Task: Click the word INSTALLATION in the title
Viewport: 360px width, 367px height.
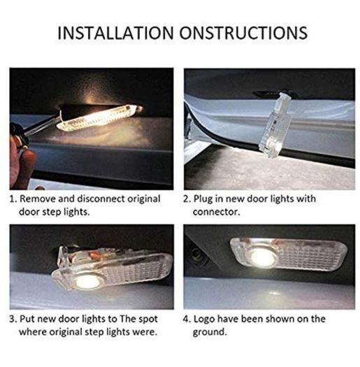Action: (x=115, y=33)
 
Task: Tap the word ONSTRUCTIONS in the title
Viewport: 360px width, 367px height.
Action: (x=243, y=33)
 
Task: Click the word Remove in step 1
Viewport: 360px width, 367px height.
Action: (x=38, y=199)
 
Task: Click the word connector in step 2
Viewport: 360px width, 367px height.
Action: (x=216, y=212)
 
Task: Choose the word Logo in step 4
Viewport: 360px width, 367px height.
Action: (x=204, y=319)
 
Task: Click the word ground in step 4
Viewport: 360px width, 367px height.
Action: (x=210, y=333)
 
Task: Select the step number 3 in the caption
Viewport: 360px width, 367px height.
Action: (x=12, y=319)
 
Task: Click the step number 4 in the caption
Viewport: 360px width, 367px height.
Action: (x=187, y=319)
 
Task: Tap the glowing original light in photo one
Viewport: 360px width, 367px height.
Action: (x=99, y=117)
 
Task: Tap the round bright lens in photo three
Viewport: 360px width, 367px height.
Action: (x=85, y=282)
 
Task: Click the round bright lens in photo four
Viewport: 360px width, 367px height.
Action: (x=262, y=257)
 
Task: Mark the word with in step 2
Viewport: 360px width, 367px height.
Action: (x=306, y=199)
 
